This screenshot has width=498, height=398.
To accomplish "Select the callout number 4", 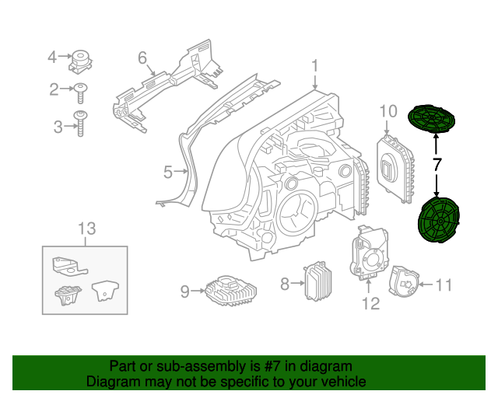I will click(53, 57).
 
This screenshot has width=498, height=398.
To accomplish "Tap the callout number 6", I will click(142, 58).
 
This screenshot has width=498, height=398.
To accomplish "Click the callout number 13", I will click(86, 228).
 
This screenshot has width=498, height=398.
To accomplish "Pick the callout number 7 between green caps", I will click(437, 164).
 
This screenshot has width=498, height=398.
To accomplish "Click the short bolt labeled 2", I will click(81, 92).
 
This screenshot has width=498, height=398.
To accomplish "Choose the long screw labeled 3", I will click(81, 125).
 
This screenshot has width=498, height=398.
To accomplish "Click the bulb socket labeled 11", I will click(403, 282).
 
